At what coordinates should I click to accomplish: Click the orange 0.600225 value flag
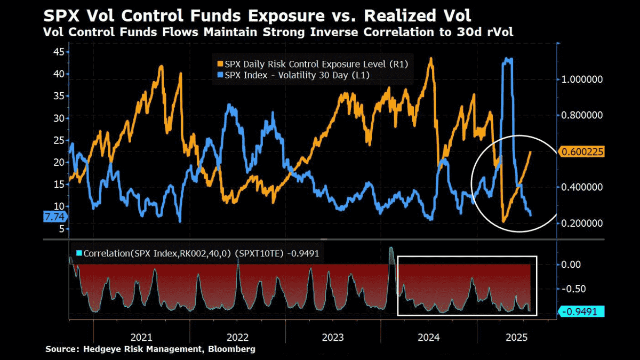click(581, 151)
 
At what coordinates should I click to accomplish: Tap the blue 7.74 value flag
click(55, 217)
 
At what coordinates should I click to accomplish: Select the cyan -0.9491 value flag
click(581, 311)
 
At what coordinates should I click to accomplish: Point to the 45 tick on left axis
click(59, 52)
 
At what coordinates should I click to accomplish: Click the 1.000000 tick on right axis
click(582, 79)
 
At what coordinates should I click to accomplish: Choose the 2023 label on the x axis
click(333, 338)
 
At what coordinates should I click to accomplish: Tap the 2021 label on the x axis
click(141, 338)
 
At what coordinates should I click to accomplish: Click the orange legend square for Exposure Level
click(220, 64)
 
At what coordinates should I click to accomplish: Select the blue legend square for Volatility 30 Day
click(220, 75)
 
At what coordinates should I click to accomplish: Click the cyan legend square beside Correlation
click(79, 253)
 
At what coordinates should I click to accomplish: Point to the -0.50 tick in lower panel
click(573, 289)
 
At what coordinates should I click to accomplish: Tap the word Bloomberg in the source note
click(231, 349)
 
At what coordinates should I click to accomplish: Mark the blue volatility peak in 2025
click(507, 59)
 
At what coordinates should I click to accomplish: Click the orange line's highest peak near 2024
click(431, 59)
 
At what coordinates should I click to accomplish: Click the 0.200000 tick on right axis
click(582, 223)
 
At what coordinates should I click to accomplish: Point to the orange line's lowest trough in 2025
click(503, 221)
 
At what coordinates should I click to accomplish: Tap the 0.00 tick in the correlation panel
click(571, 265)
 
